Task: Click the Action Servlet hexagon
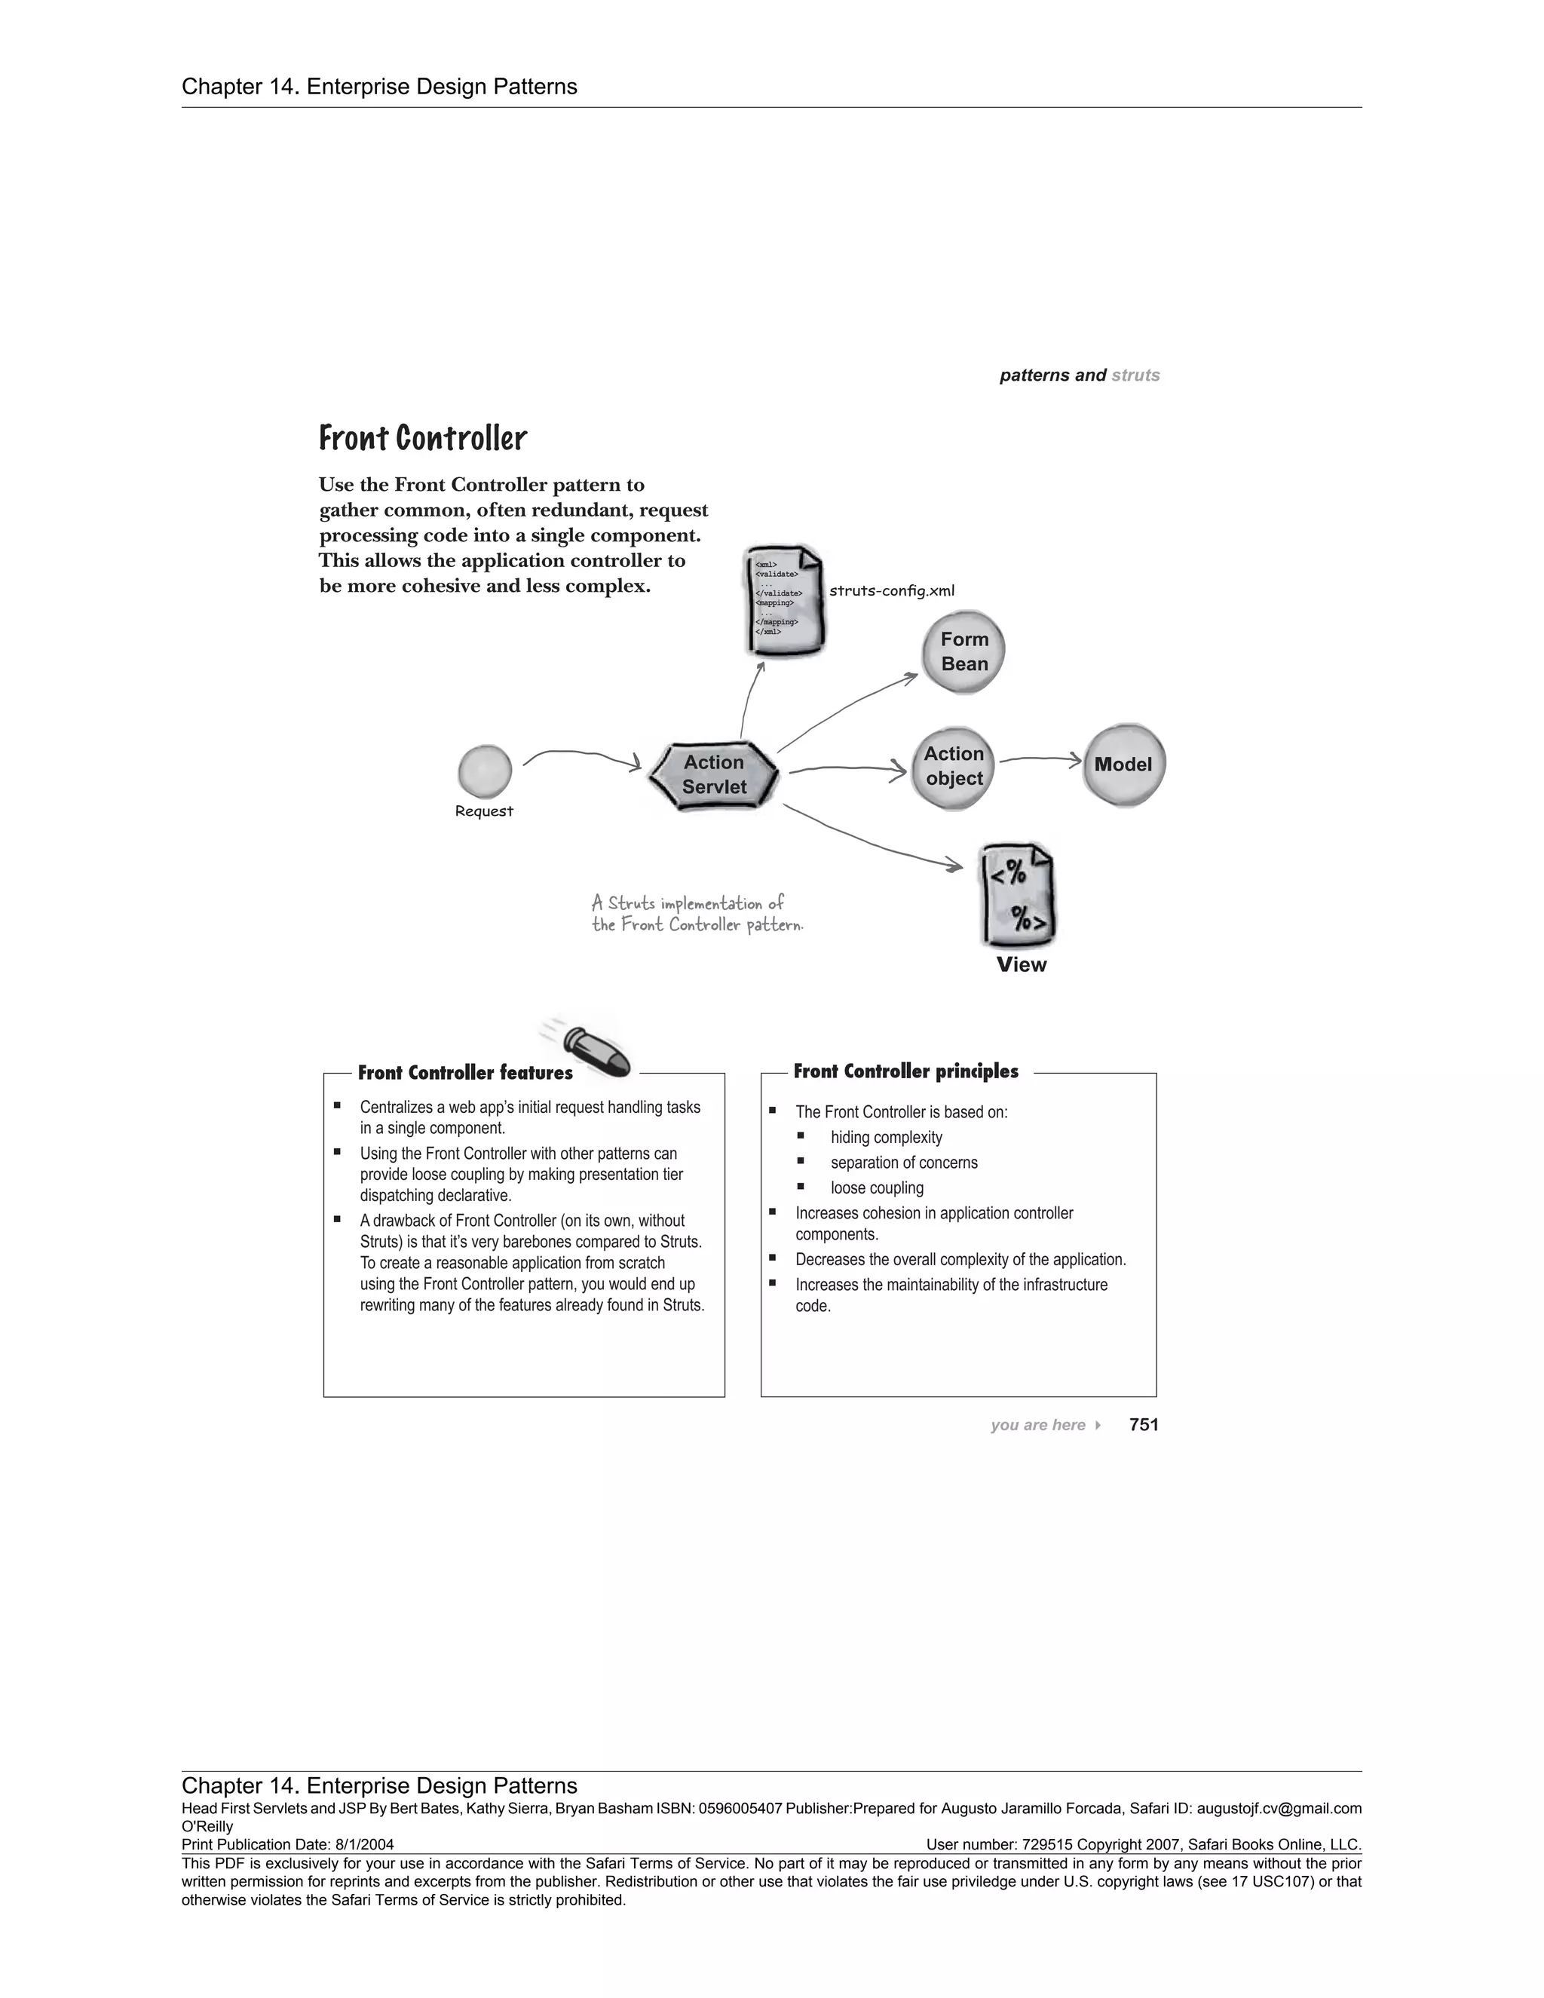point(713,774)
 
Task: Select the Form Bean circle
point(963,651)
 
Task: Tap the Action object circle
point(953,767)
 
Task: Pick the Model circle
point(1123,765)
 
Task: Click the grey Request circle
point(484,771)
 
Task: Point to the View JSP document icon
point(1018,896)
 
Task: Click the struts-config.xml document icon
point(784,600)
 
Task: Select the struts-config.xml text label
point(891,591)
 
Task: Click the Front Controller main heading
point(423,438)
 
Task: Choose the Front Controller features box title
point(464,1072)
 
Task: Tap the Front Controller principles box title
point(905,1071)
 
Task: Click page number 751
point(1144,1424)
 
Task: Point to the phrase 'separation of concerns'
point(904,1163)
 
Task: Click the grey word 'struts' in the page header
point(1135,375)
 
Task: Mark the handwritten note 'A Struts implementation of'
point(688,904)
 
